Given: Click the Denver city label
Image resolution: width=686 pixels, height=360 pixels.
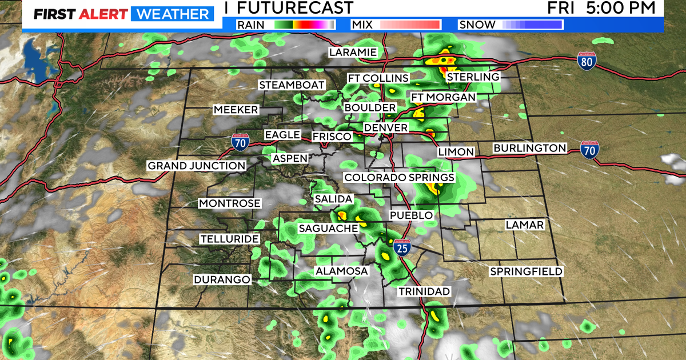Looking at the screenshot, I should tap(386, 127).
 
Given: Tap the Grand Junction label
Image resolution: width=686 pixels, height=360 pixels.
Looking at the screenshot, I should tap(197, 166).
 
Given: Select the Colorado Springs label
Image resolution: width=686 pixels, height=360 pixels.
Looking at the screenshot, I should tap(399, 178).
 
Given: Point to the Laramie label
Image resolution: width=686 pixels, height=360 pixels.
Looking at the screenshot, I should tap(353, 53).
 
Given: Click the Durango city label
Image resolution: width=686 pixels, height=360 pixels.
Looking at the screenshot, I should tap(222, 279).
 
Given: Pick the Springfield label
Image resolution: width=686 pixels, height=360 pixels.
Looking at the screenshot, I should tap(526, 271).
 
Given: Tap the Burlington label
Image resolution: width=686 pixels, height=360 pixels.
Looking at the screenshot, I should tap(529, 148).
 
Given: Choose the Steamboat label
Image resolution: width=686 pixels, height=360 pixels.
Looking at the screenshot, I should tap(287, 85).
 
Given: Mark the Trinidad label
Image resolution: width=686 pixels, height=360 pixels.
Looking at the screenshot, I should tap(424, 291).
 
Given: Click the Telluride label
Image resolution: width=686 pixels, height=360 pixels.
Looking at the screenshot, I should tap(229, 239).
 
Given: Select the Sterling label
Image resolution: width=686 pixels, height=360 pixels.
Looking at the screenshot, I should tap(473, 77).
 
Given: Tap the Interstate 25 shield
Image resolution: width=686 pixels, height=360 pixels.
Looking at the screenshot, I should tap(402, 248).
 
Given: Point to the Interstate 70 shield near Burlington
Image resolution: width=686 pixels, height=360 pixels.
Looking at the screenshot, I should tap(589, 150).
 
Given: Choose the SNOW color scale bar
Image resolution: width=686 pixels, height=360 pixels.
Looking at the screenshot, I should tap(532, 24).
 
